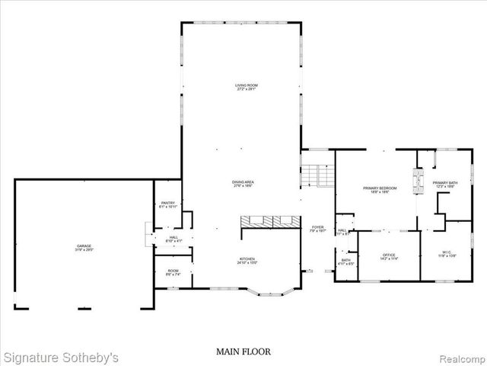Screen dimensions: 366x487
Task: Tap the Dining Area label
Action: (243, 183)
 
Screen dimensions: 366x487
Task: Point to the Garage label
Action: (84, 248)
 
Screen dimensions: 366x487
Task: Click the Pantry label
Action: (168, 204)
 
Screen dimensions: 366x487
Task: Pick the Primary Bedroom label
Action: (375, 191)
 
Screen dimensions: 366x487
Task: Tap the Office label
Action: (389, 256)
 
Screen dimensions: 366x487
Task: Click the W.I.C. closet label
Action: (447, 254)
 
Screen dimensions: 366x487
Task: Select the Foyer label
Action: (317, 229)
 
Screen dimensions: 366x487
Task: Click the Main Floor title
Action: (243, 352)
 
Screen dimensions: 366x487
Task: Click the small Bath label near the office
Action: (346, 262)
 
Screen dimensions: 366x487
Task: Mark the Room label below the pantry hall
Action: (173, 272)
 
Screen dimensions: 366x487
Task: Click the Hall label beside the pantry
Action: (173, 239)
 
